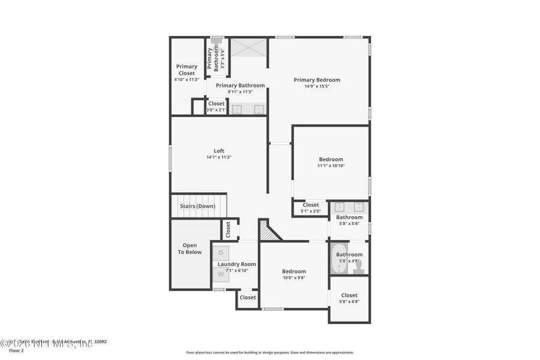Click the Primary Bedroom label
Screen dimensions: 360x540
(x=317, y=80)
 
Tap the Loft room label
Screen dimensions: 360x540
(x=219, y=151)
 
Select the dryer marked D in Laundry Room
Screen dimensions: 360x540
(x=221, y=253)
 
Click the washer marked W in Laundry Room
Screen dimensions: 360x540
(x=221, y=274)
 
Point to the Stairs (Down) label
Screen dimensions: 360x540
(x=197, y=206)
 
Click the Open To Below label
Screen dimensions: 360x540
(x=190, y=248)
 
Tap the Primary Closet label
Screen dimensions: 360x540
(x=187, y=70)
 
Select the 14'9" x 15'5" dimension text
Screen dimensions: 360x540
(x=317, y=86)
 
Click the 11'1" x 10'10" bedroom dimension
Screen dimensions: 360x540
(x=331, y=166)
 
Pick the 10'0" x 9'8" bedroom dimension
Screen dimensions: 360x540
(x=294, y=278)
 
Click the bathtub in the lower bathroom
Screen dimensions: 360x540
(x=338, y=259)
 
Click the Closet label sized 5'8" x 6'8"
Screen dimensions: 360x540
(x=349, y=295)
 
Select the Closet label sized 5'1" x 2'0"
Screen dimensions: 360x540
(x=311, y=205)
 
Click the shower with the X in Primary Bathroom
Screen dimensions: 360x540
(x=248, y=47)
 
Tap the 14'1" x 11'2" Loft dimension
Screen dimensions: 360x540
(x=219, y=157)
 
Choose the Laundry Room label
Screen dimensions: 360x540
(x=237, y=264)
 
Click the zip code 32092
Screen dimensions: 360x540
(x=100, y=341)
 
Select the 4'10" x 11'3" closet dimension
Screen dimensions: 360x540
(x=187, y=79)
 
